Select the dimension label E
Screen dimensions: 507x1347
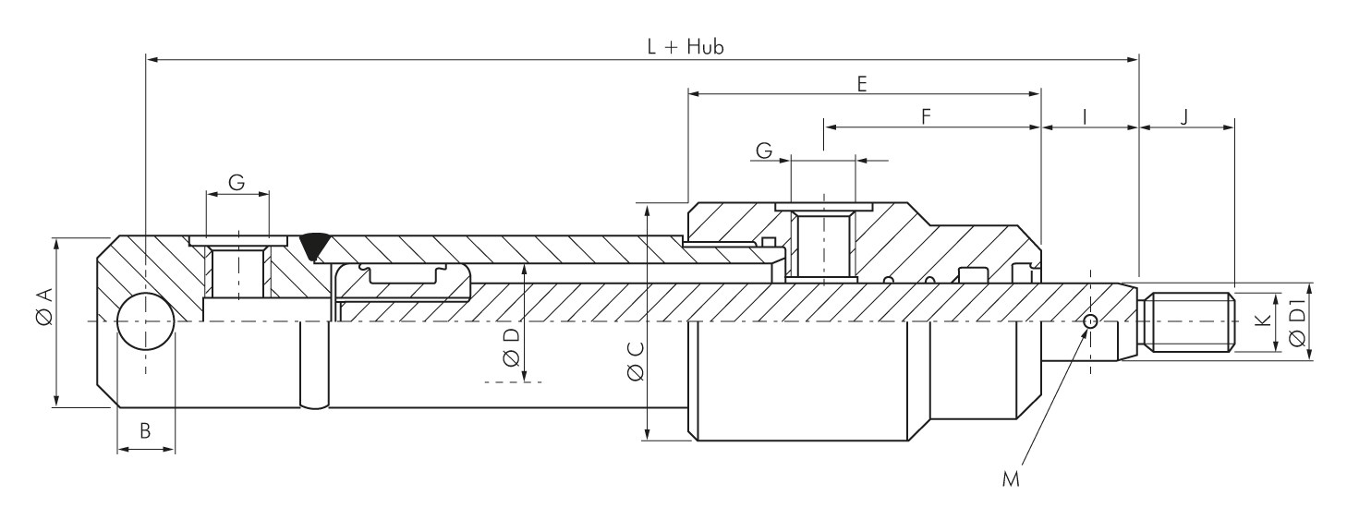[861, 83]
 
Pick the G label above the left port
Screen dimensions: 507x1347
[237, 183]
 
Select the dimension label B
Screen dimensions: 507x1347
[145, 429]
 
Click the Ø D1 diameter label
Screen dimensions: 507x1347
[1298, 323]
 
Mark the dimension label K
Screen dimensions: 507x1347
[1261, 322]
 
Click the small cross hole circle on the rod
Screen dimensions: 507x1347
[1091, 321]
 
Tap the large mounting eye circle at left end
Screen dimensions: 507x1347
[145, 322]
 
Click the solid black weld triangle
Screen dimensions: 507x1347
[314, 243]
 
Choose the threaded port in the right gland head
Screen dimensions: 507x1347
[821, 245]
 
